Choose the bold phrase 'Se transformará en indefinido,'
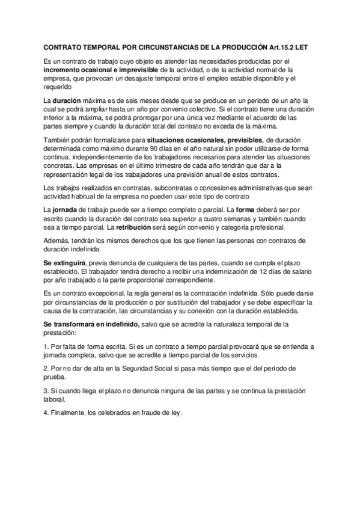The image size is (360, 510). click(x=91, y=324)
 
